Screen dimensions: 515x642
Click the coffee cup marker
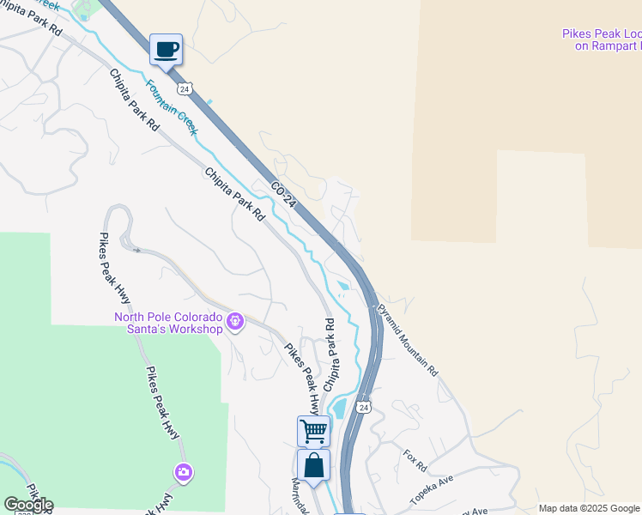[x=166, y=49]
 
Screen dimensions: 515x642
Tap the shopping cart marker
[x=313, y=430]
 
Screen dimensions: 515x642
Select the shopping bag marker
[x=313, y=465]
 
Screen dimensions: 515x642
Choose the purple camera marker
[x=183, y=472]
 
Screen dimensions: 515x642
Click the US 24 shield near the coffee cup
[x=185, y=88]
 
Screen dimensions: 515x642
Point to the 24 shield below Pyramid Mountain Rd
[x=364, y=405]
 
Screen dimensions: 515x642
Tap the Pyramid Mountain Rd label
[x=407, y=340]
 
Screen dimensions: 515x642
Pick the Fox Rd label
[x=415, y=459]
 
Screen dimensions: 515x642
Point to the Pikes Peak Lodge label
[x=602, y=39]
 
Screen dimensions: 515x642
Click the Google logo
[x=28, y=505]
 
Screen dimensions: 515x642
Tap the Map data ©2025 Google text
[x=588, y=508]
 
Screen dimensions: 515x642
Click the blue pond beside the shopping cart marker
[x=337, y=407]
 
